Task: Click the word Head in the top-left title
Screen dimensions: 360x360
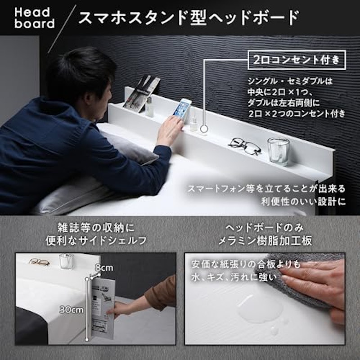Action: pyautogui.click(x=32, y=12)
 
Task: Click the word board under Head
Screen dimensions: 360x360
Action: pyautogui.click(x=35, y=23)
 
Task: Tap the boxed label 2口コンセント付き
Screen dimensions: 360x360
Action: pyautogui.click(x=297, y=60)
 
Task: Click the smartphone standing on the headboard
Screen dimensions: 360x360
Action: pyautogui.click(x=182, y=111)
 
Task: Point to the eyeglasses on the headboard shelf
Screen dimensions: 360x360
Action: pyautogui.click(x=245, y=146)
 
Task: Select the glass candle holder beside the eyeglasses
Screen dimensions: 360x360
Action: pyautogui.click(x=278, y=151)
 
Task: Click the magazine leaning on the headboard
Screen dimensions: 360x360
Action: pyautogui.click(x=141, y=94)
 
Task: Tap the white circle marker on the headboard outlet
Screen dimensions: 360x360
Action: pyautogui.click(x=204, y=129)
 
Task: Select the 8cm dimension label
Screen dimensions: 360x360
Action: pyautogui.click(x=104, y=268)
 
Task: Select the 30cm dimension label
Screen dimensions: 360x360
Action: pyautogui.click(x=72, y=310)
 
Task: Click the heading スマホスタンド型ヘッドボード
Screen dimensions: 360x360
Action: pyautogui.click(x=189, y=18)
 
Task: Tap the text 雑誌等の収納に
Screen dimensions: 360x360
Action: pyautogui.click(x=96, y=228)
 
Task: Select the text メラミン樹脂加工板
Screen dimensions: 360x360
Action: pyautogui.click(x=265, y=241)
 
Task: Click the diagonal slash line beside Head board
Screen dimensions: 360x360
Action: pyautogui.click(x=62, y=29)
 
